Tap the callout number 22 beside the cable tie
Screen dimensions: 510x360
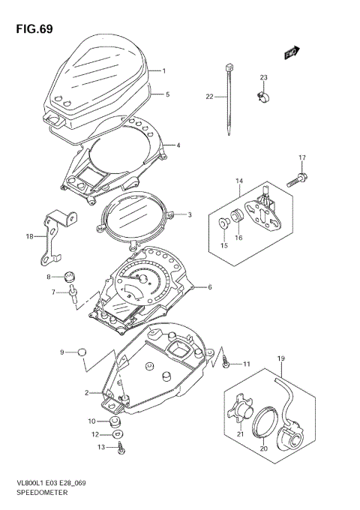pyautogui.click(x=210, y=96)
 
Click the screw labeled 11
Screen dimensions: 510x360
pyautogui.click(x=225, y=363)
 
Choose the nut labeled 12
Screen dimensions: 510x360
pyautogui.click(x=117, y=434)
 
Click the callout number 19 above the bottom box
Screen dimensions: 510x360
pyautogui.click(x=281, y=359)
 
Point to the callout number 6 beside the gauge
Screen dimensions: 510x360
pyautogui.click(x=210, y=287)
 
